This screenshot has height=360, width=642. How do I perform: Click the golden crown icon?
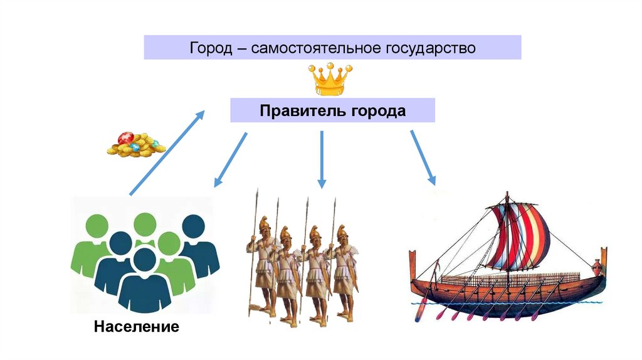330,80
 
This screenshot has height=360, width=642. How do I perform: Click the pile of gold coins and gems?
135,144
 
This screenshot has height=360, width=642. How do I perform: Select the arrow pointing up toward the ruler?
167,152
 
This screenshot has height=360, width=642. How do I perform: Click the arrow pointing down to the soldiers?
322,159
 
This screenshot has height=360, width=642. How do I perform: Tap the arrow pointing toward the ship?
423,157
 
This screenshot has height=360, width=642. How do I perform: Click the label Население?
137,327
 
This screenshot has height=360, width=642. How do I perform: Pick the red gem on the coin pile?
125,137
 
